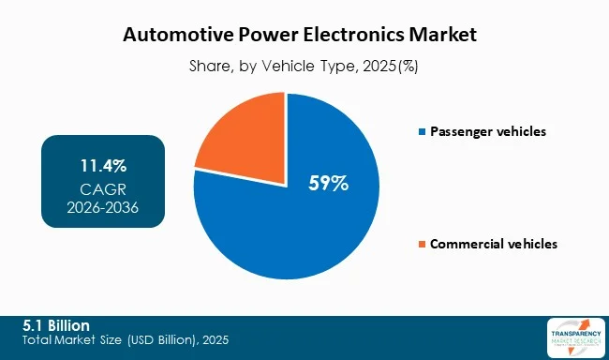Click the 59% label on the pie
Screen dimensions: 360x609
[x=328, y=184]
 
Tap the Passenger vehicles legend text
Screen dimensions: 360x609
[x=487, y=131]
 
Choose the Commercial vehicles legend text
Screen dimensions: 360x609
[x=494, y=244]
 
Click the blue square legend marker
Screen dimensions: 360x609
[x=422, y=131]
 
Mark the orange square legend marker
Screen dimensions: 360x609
[x=422, y=244]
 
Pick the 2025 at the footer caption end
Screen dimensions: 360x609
[x=214, y=338]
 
